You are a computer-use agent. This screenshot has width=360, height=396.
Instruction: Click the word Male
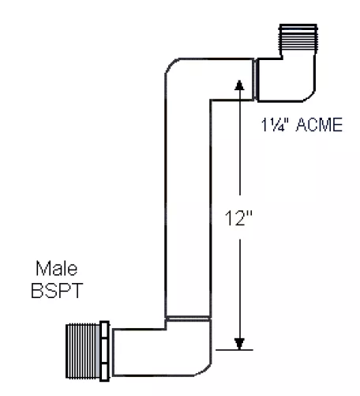click(57, 268)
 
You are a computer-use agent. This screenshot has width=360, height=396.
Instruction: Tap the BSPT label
click(57, 291)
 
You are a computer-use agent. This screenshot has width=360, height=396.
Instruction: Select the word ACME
click(319, 125)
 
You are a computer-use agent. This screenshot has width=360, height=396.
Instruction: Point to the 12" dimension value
click(238, 218)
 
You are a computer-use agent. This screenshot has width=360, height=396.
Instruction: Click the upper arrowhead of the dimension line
click(239, 85)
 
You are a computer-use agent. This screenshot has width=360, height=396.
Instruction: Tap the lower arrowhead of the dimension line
click(239, 344)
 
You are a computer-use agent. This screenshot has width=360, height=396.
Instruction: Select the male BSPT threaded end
click(82, 351)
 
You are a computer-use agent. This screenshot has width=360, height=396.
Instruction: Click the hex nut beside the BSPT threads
click(104, 351)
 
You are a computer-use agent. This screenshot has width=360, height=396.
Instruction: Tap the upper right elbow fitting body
click(287, 79)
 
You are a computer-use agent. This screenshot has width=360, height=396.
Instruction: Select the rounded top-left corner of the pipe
click(171, 65)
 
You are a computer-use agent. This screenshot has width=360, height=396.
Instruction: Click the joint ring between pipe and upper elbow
click(255, 79)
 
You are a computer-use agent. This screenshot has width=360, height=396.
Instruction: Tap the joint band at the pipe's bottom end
click(188, 319)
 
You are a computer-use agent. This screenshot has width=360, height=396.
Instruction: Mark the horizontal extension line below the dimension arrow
click(234, 350)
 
